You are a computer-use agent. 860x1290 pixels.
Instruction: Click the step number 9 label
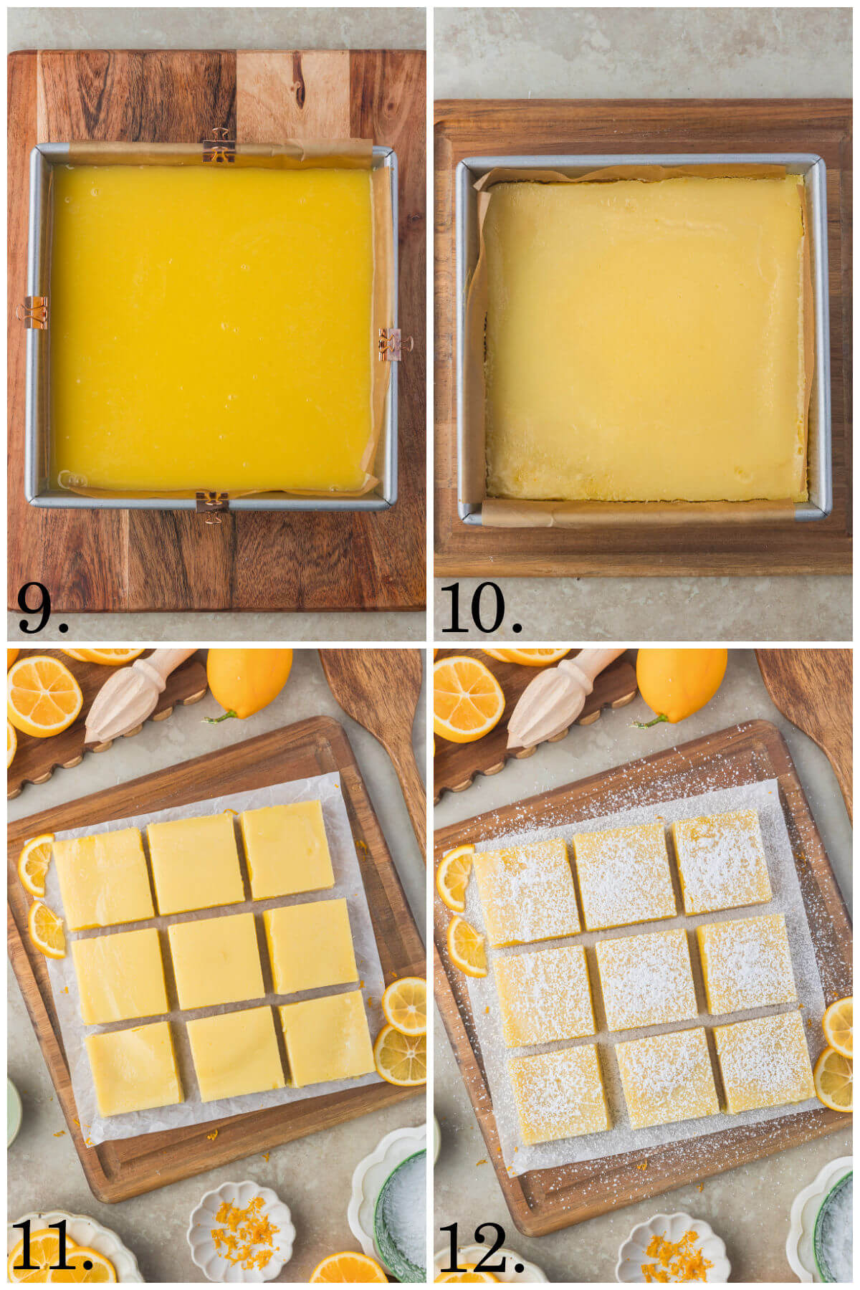[42, 608]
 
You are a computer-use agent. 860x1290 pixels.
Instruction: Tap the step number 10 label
[480, 608]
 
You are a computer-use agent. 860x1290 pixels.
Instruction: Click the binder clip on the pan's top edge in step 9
[219, 146]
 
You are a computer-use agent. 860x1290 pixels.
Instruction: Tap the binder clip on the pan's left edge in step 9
[33, 312]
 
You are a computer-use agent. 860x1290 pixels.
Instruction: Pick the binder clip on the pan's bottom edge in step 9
[212, 505]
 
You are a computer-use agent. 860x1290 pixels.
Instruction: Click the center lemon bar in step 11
[216, 960]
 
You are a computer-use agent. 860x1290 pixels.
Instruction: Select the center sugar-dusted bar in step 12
[645, 979]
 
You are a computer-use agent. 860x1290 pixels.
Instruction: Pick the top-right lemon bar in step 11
[287, 850]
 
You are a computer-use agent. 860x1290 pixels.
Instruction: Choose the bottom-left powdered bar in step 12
[559, 1093]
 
